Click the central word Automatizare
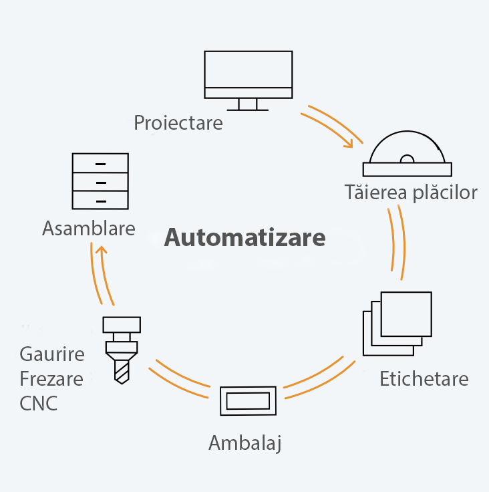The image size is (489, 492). pyautogui.click(x=244, y=238)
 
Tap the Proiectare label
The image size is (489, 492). pyautogui.click(x=178, y=123)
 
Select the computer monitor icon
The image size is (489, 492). pyautogui.click(x=248, y=75)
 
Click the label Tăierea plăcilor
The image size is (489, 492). pyautogui.click(x=411, y=193)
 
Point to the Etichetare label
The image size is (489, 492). pyautogui.click(x=424, y=378)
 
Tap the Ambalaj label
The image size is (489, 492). pyautogui.click(x=244, y=443)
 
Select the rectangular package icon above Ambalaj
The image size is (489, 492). pyautogui.click(x=248, y=401)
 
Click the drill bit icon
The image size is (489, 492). pyautogui.click(x=121, y=350)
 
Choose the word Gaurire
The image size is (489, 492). pyautogui.click(x=52, y=354)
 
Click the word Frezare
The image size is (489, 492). pyautogui.click(x=51, y=379)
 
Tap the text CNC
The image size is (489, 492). pyautogui.click(x=38, y=404)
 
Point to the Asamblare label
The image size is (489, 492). pyautogui.click(x=88, y=229)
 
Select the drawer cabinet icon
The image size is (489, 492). pyautogui.click(x=100, y=181)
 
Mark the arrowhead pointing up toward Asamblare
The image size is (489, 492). pyautogui.click(x=100, y=251)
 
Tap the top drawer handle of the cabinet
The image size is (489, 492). pyautogui.click(x=100, y=164)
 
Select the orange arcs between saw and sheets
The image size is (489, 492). pyautogui.click(x=395, y=242)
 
